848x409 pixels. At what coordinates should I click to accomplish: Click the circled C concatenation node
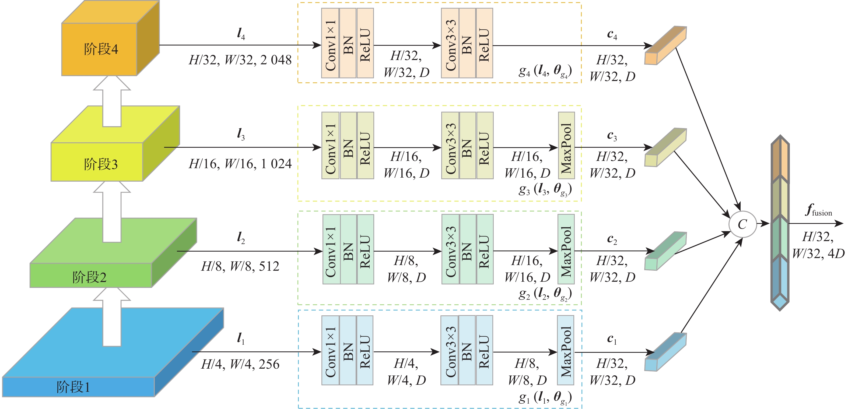pyautogui.click(x=742, y=224)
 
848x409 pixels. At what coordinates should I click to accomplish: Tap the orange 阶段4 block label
pyautogui.click(x=101, y=49)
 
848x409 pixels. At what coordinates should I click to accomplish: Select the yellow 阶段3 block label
pyautogui.click(x=101, y=164)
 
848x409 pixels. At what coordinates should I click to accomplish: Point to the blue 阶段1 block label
pyautogui.click(x=73, y=387)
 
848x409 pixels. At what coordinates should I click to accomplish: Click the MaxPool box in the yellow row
pyautogui.click(x=566, y=145)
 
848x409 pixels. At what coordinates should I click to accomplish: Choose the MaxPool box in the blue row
pyautogui.click(x=566, y=350)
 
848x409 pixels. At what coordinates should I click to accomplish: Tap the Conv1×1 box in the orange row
pyautogui.click(x=330, y=43)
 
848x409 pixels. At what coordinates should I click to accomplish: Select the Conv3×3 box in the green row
pyautogui.click(x=450, y=249)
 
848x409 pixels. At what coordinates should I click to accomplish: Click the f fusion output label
pyautogui.click(x=819, y=210)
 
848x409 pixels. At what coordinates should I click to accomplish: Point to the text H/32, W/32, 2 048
pyautogui.click(x=240, y=60)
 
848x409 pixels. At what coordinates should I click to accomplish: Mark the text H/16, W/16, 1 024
pyautogui.click(x=240, y=164)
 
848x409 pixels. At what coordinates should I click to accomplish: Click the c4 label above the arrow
pyautogui.click(x=612, y=34)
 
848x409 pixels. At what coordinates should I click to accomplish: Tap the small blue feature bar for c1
pyautogui.click(x=665, y=352)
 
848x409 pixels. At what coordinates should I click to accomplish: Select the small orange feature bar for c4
pyautogui.click(x=665, y=46)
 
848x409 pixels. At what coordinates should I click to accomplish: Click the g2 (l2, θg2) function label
pyautogui.click(x=545, y=293)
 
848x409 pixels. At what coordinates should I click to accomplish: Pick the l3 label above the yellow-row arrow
pyautogui.click(x=241, y=134)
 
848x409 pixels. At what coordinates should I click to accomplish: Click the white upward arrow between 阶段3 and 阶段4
pyautogui.click(x=112, y=102)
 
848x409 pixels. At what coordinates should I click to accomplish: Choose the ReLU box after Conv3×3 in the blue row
pyautogui.click(x=484, y=350)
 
